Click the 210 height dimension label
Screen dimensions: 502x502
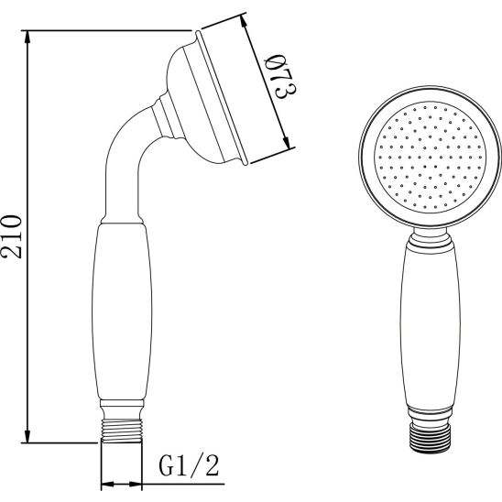12,237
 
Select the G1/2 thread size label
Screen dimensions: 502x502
190,466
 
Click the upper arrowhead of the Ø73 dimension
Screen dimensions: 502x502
245,23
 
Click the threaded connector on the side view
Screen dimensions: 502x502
122,431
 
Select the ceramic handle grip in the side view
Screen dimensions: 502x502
122,311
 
